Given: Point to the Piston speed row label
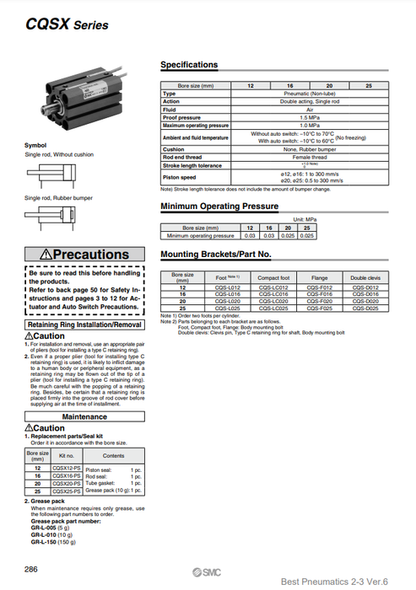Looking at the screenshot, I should (179, 178).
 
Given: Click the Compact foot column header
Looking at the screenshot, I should (274, 276).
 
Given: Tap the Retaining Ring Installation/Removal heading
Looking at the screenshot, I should (84, 324).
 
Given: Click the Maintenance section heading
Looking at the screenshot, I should (84, 416).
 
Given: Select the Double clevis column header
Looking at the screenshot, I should (365, 276).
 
